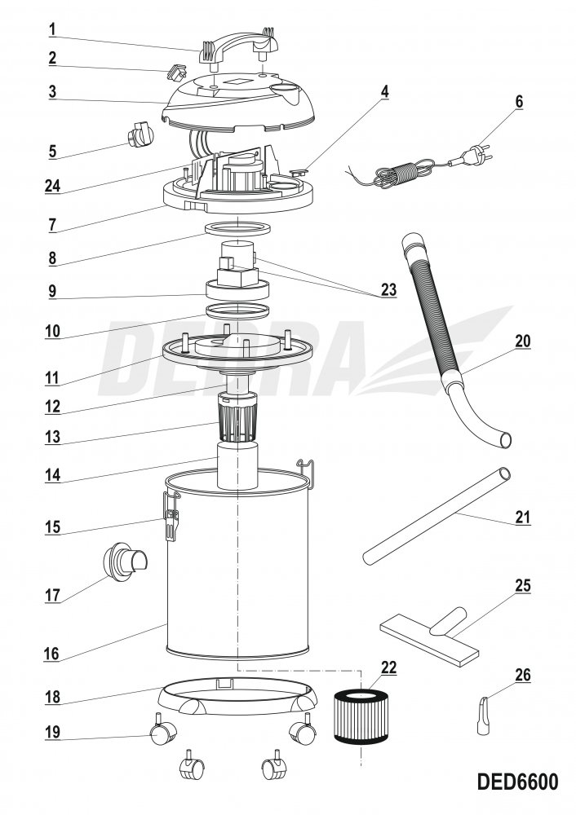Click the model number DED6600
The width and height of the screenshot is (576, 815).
click(517, 782)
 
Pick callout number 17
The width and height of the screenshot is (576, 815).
click(52, 595)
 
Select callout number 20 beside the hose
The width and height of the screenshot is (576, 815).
click(522, 341)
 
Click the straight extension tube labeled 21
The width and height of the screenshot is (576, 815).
click(436, 516)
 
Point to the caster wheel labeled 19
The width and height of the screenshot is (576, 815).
click(163, 733)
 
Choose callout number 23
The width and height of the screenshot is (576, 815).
click(388, 289)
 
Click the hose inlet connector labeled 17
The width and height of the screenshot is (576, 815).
click(124, 561)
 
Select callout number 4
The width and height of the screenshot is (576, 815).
click(384, 91)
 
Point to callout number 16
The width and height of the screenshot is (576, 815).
click(51, 654)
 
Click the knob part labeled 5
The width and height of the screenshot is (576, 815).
click(140, 134)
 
